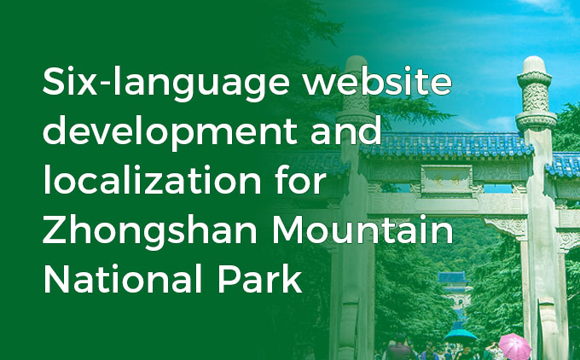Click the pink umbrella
coord(514,344)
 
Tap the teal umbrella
coord(461,334)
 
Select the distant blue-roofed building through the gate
coord(452,282)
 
